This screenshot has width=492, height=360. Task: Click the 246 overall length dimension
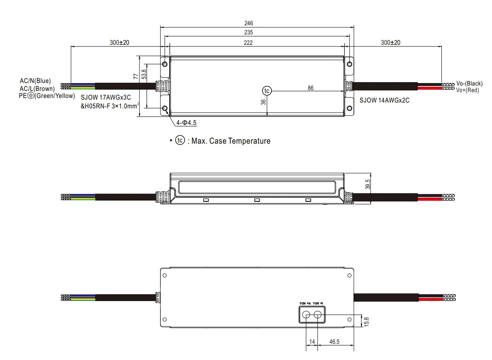coord(248,24)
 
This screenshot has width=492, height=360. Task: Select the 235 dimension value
coord(248,32)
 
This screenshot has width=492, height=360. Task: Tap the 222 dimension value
coord(248,42)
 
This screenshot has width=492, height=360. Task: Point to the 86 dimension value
coord(311,88)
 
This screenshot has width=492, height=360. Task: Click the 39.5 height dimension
coord(368,184)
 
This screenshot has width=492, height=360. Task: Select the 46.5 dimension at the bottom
coord(335,341)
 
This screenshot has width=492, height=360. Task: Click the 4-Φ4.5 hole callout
coord(186,123)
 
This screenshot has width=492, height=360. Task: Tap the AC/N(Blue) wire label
coord(35,81)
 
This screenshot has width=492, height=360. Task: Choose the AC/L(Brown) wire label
coord(37,88)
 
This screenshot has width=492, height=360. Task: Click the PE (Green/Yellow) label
coord(47,96)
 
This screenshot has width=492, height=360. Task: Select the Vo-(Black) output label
coord(469,83)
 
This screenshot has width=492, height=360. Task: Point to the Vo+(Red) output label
coord(467,90)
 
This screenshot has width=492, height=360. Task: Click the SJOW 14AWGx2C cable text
coord(384,100)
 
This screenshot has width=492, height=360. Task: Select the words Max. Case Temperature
coord(231,141)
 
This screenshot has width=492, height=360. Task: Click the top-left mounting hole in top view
coord(165,64)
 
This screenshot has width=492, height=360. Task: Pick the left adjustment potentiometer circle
coord(307,315)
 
